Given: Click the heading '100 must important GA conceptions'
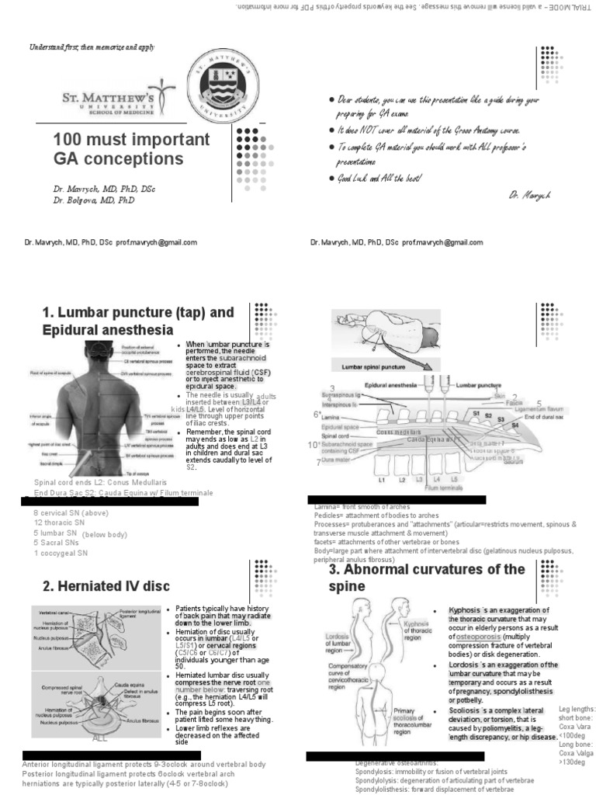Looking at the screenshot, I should [x=131, y=149].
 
